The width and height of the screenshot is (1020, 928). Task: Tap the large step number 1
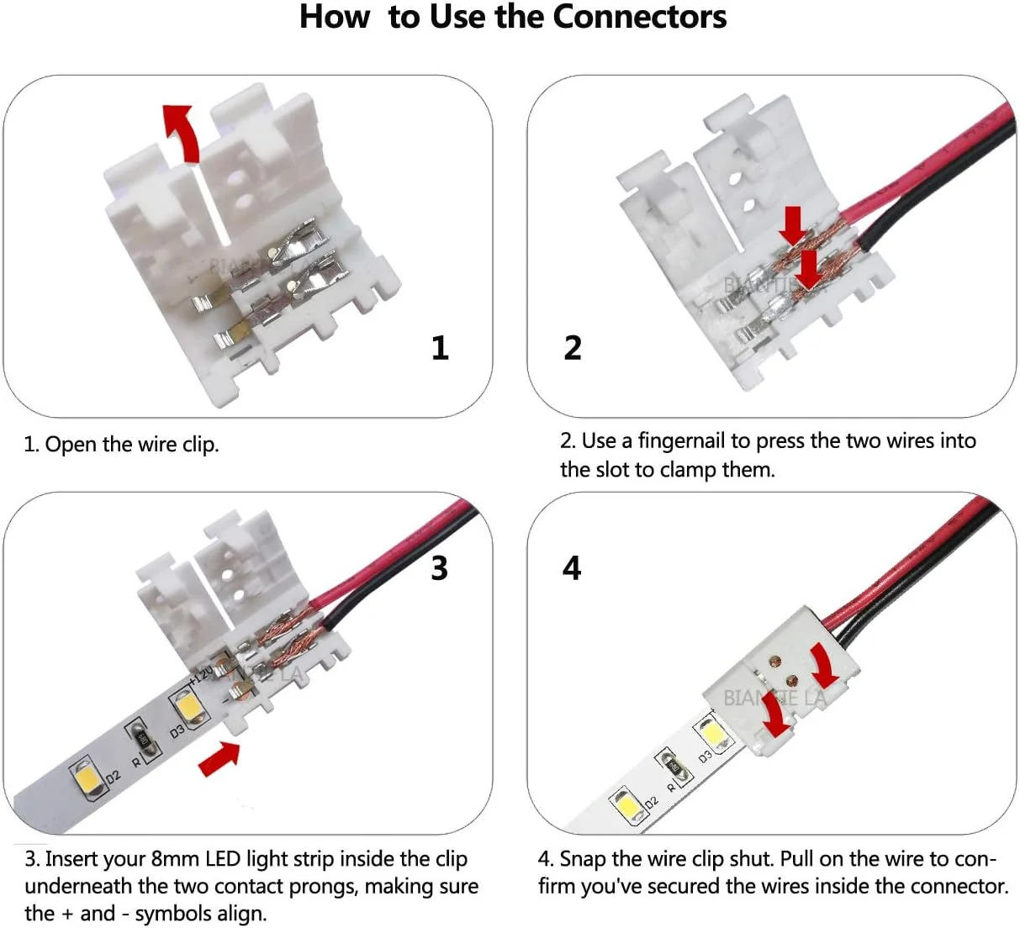tap(440, 348)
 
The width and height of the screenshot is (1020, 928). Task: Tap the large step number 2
tap(573, 348)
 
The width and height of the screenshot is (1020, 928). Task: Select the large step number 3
tap(439, 568)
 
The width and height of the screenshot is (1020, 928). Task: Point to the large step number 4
tap(572, 568)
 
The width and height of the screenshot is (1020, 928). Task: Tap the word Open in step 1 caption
tap(71, 445)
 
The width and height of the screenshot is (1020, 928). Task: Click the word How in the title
tap(335, 18)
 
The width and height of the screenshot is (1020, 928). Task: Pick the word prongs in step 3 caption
tap(323, 887)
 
